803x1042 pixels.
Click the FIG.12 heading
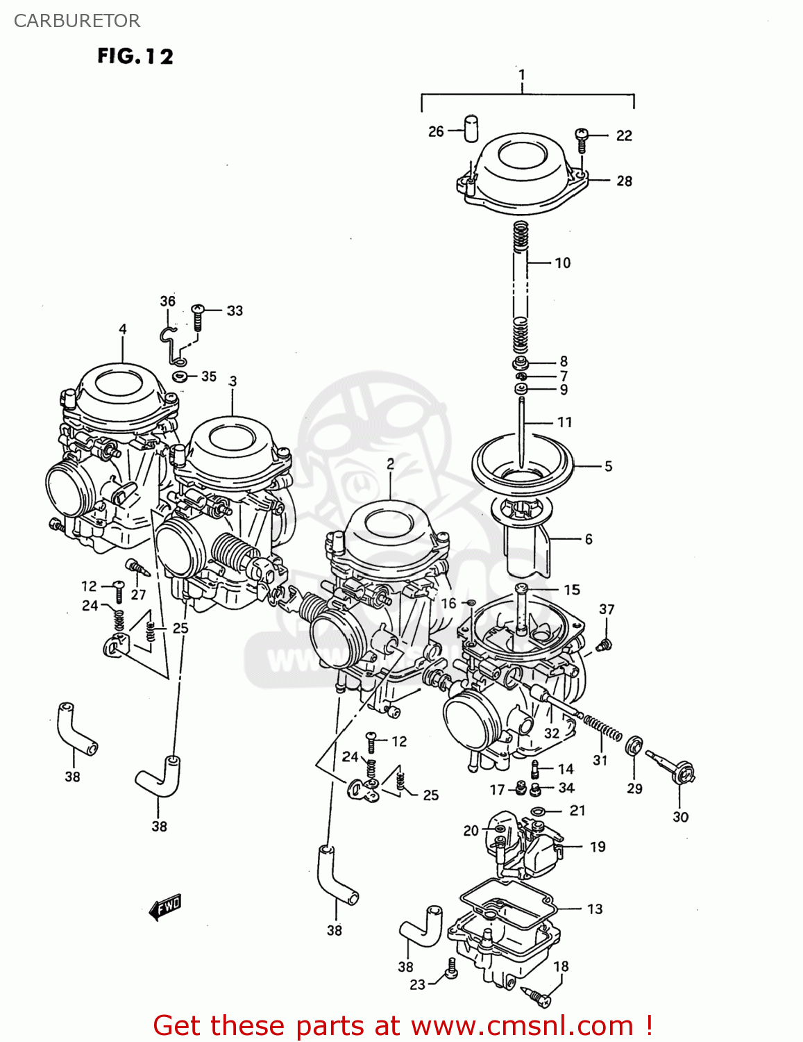pyautogui.click(x=135, y=56)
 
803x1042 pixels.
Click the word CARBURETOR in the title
pyautogui.click(x=77, y=21)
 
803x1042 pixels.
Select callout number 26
pyautogui.click(x=436, y=131)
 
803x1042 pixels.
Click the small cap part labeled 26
pyautogui.click(x=471, y=129)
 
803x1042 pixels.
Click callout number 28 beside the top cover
pyautogui.click(x=624, y=181)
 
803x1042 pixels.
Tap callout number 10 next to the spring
pyautogui.click(x=562, y=263)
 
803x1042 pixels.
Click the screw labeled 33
pyautogui.click(x=198, y=317)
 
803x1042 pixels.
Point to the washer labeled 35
pyautogui.click(x=180, y=377)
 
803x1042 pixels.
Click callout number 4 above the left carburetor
pyautogui.click(x=123, y=329)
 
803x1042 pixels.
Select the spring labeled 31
pyautogui.click(x=602, y=729)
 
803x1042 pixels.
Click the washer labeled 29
pyautogui.click(x=634, y=747)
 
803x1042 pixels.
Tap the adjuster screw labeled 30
pyautogui.click(x=673, y=768)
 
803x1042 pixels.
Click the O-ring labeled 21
pyautogui.click(x=537, y=811)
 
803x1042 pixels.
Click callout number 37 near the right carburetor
pyautogui.click(x=607, y=609)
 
